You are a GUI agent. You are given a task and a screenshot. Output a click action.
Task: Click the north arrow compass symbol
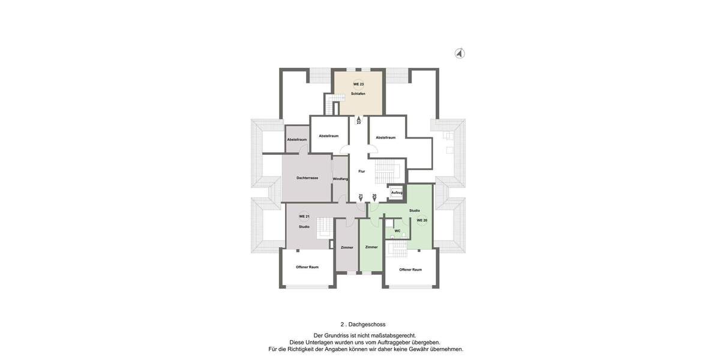460,53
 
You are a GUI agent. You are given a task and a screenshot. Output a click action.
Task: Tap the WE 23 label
358,85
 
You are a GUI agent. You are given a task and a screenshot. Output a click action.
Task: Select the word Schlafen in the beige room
358,94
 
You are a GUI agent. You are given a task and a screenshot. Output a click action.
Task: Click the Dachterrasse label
307,178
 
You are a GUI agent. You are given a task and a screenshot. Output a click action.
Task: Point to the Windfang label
340,179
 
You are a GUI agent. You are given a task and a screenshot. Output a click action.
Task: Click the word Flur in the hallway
361,172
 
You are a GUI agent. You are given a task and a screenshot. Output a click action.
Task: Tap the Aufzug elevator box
397,193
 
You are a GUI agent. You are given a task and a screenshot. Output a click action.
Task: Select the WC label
397,231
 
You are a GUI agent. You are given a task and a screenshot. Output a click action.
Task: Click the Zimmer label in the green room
371,247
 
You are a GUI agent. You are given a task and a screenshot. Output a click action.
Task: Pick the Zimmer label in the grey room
347,247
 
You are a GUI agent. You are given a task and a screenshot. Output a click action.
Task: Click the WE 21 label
304,217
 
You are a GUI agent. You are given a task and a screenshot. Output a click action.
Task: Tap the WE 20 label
422,221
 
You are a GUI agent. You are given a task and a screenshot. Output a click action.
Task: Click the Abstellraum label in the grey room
296,140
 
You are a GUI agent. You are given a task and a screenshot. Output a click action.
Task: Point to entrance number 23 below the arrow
359,122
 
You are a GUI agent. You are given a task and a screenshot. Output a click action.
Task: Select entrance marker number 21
361,196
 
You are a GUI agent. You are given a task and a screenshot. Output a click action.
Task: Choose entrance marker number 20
374,196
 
